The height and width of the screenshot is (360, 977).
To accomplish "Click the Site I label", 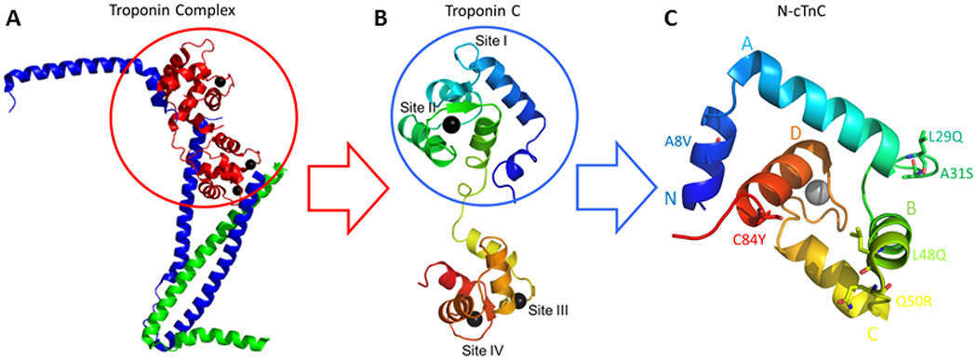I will pyautogui.click(x=517, y=42).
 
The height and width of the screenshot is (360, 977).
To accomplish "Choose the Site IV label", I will pyautogui.click(x=484, y=351).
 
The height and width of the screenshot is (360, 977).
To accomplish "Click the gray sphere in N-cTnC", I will pyautogui.click(x=816, y=193).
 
